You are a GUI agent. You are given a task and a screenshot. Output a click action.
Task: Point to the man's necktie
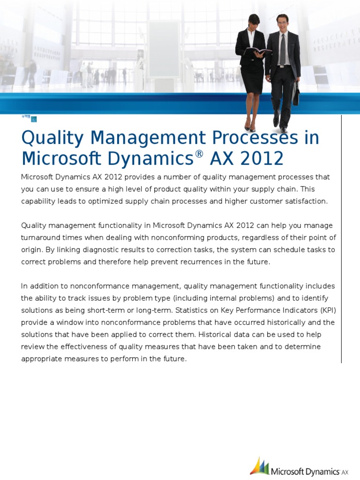pos(283,50)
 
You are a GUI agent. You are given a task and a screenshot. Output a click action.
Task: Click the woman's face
pos(254,23)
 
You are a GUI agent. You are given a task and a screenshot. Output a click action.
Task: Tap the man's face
pos(282,22)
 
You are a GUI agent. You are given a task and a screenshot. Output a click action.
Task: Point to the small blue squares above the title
pos(30,118)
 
